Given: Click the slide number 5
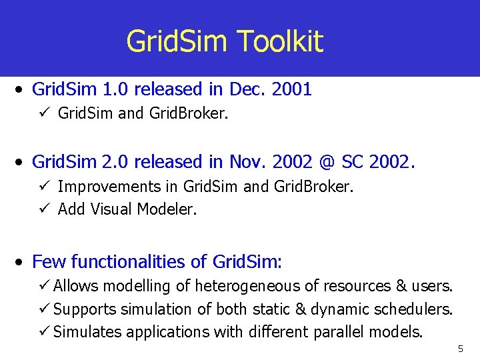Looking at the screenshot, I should pyautogui.click(x=460, y=349).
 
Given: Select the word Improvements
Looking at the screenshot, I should pyautogui.click(x=118, y=187).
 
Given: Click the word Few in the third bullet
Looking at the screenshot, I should pyautogui.click(x=49, y=261).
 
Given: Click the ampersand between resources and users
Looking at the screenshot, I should pyautogui.click(x=401, y=286).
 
